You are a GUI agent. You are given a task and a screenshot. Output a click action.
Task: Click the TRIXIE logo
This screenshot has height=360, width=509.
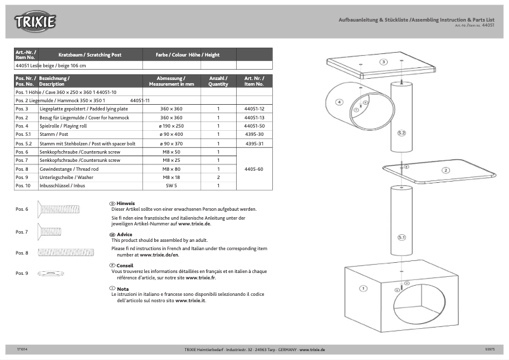36,22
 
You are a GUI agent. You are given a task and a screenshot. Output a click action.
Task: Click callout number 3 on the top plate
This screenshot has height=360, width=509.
383,62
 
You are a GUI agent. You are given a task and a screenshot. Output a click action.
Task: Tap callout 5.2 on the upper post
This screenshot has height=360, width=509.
401,133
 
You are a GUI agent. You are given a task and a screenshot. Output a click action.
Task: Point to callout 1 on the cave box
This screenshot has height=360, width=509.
363,288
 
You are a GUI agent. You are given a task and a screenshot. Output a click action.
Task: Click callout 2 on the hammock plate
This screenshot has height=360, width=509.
446,170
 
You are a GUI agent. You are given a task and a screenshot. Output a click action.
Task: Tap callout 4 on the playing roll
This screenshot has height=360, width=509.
340,102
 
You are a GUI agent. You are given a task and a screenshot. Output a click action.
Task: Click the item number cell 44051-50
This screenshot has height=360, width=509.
254,126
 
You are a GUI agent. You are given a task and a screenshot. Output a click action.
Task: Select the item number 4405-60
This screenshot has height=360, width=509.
254,169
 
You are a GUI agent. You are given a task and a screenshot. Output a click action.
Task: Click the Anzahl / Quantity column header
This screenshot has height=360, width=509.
218,81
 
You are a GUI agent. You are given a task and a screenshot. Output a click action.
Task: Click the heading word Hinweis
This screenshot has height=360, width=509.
125,203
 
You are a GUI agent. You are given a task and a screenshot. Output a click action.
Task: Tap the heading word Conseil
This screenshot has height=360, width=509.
125,265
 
